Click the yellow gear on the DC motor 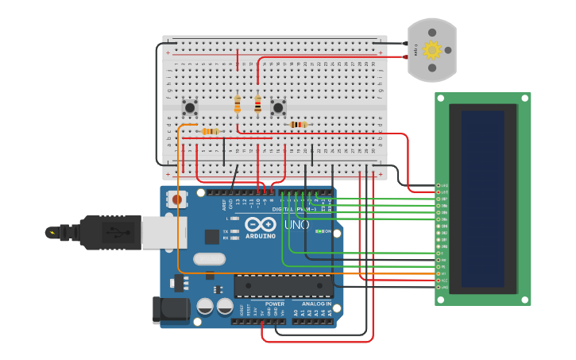click(431, 50)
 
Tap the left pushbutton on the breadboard click(190, 106)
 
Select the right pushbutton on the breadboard click(278, 106)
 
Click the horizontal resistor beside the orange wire click(210, 131)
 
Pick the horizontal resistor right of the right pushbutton click(298, 124)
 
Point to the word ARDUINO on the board click(260, 236)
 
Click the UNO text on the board click(296, 225)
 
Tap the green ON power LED click(318, 231)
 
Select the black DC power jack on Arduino click(171, 310)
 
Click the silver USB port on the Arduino click(163, 232)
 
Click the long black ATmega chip click(283, 286)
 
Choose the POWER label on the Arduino click(275, 304)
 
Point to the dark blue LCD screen click(482, 199)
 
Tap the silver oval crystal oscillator click(209, 258)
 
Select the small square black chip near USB click(211, 236)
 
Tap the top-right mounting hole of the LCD click(524, 99)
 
